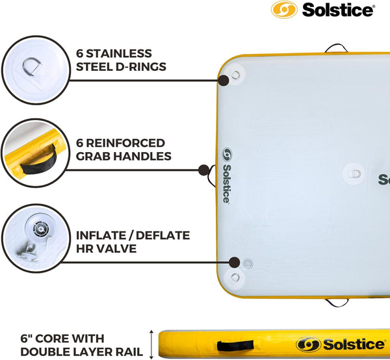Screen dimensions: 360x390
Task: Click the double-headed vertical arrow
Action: click(152, 342)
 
